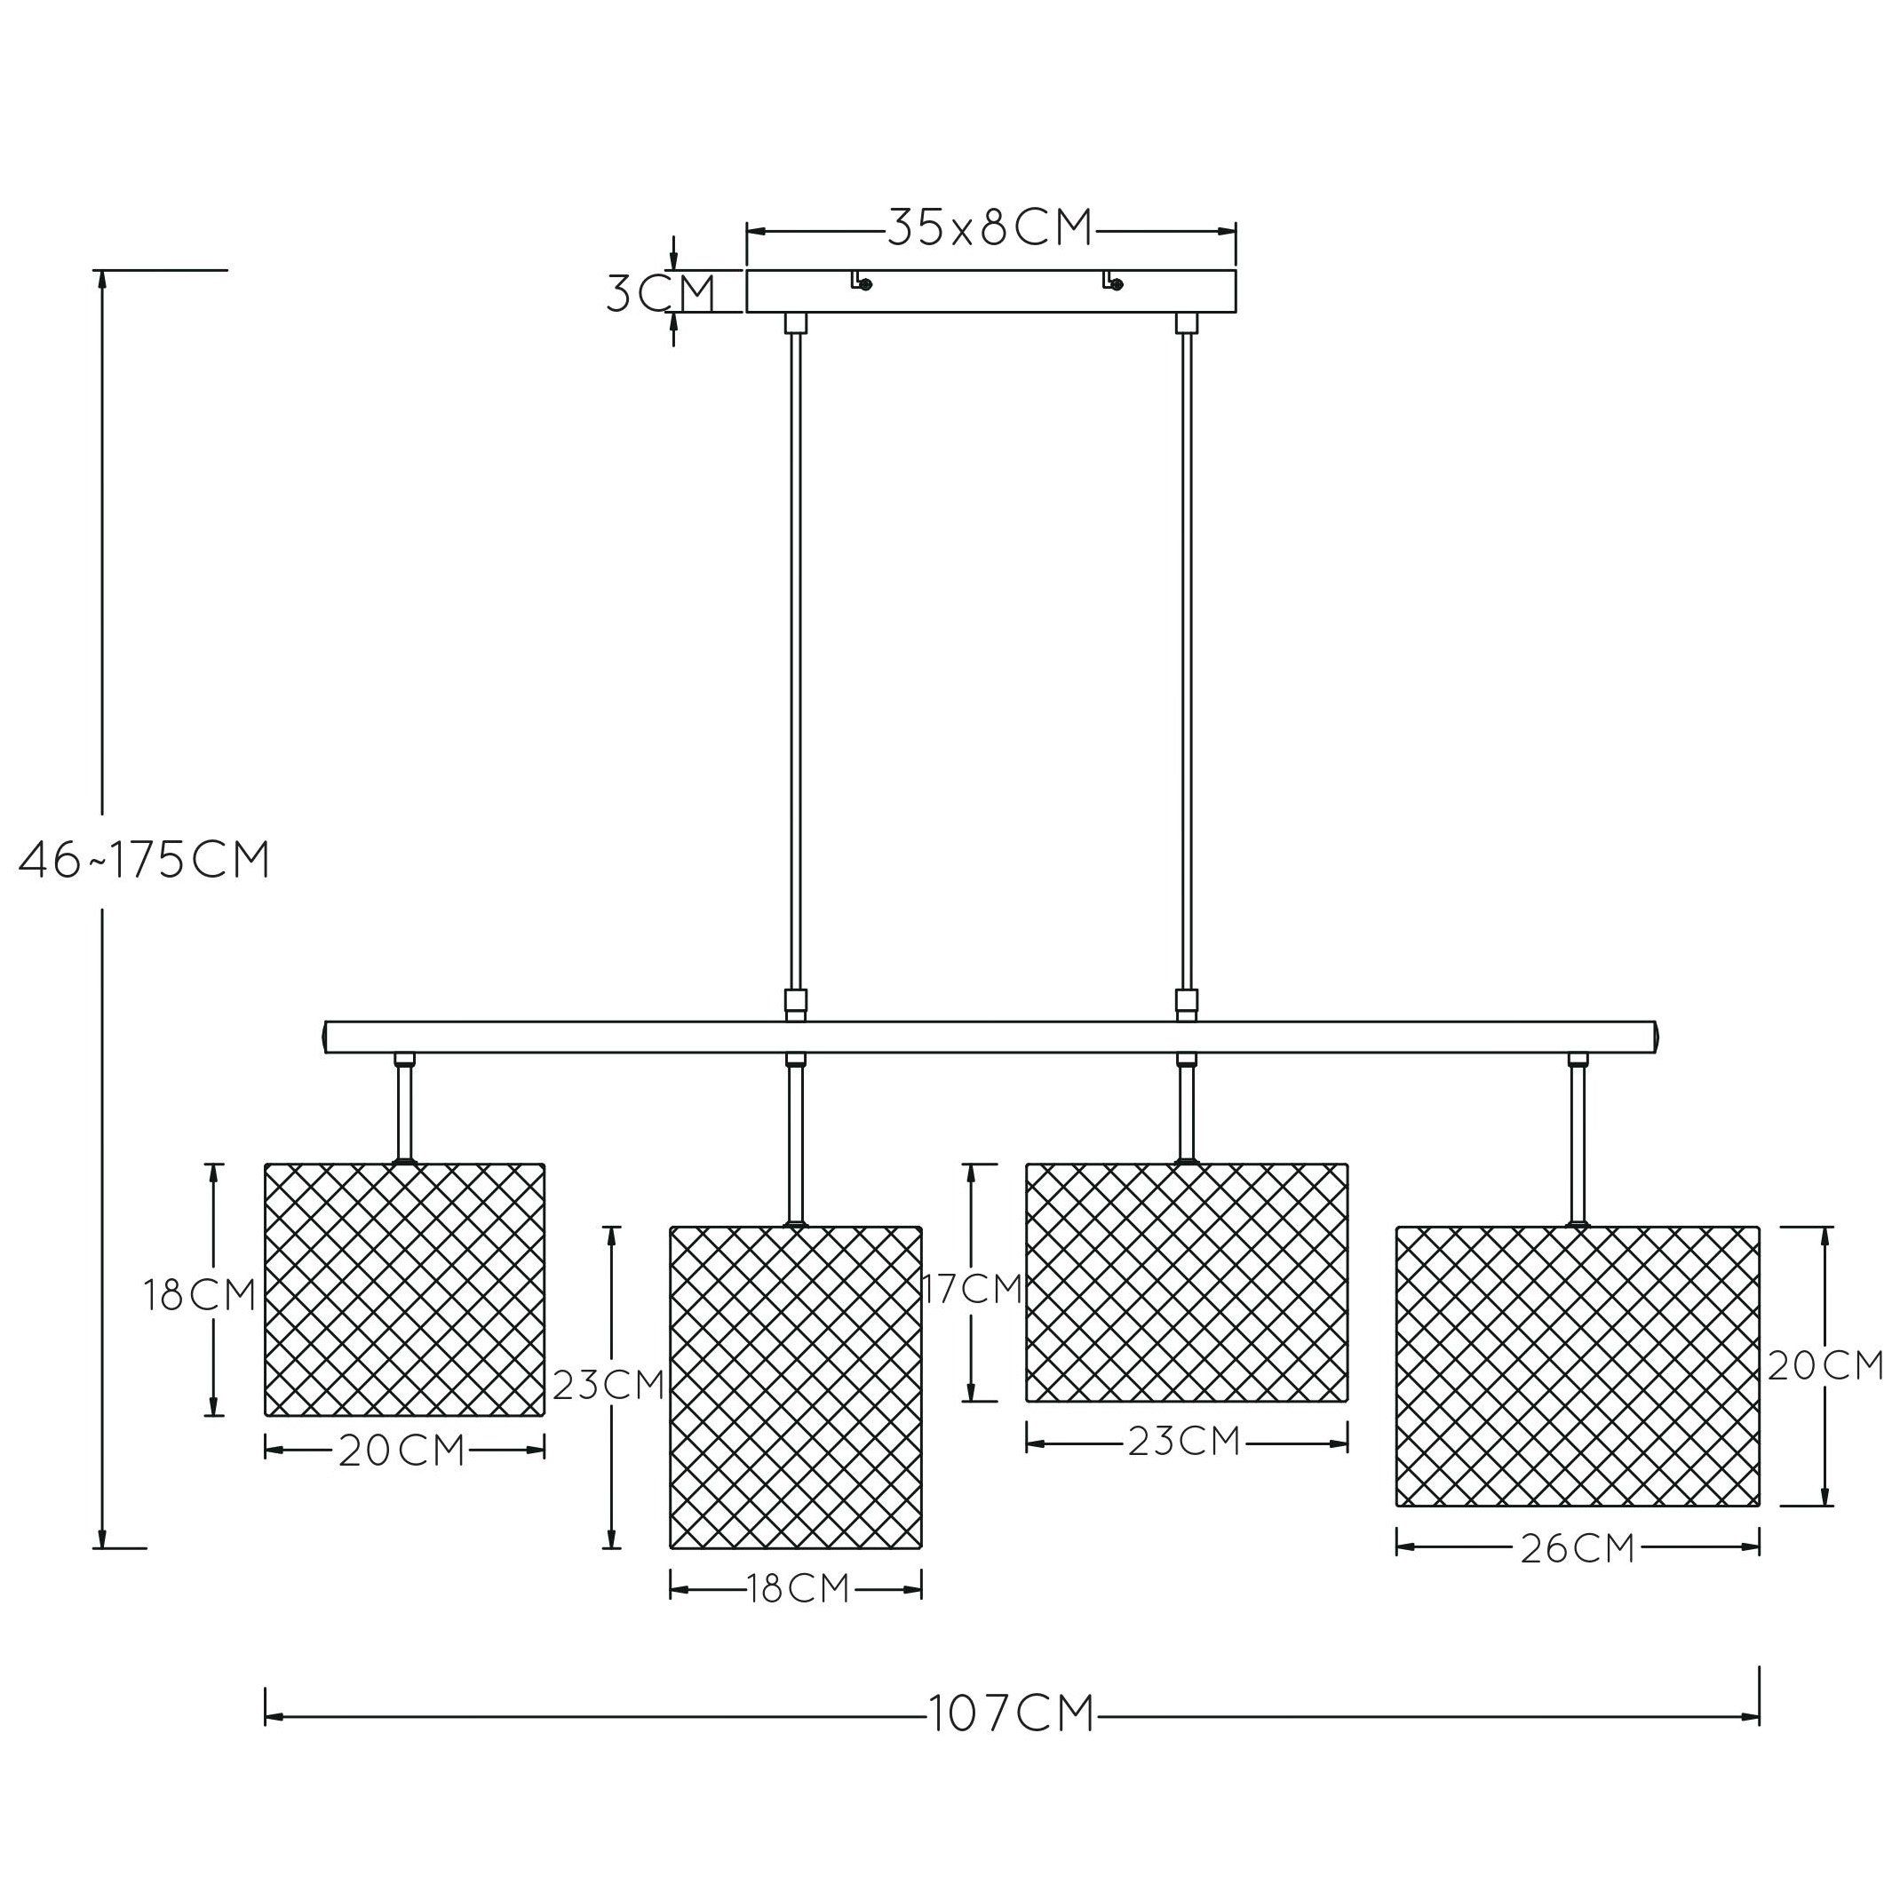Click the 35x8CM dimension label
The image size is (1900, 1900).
990,229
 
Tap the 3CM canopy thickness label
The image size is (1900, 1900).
660,292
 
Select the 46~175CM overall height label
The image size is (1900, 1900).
145,861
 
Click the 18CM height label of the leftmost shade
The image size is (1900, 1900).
200,1295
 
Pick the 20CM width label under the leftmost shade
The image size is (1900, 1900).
401,1451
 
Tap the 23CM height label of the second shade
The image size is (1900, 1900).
608,1385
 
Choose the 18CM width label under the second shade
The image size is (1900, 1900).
797,1589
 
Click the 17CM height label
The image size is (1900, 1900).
973,1288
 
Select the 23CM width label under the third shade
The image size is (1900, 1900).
1184,1442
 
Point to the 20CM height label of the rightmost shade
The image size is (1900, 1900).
1825,1365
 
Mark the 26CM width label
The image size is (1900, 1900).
1578,1548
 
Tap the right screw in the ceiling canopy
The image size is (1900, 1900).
1116,285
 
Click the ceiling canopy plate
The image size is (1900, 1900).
991,291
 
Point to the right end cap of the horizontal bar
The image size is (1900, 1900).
1653,1037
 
